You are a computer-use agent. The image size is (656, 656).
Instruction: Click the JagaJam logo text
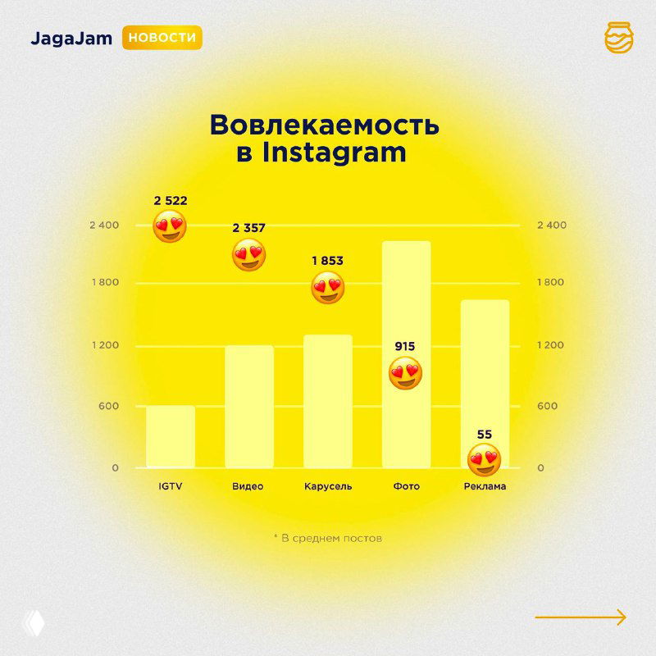[x=72, y=39]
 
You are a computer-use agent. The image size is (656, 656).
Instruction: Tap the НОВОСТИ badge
[x=162, y=39]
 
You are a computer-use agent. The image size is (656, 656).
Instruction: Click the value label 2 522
[x=171, y=200]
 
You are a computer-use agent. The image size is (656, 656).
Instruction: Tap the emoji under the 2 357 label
[x=249, y=256]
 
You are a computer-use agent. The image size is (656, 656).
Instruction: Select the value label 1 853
[x=327, y=261]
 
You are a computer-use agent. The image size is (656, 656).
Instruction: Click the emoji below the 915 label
[x=405, y=374]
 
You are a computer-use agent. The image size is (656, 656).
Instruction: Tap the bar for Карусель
[x=327, y=401]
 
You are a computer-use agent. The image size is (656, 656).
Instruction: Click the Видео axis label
[x=248, y=486]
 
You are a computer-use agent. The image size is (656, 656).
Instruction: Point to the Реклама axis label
[x=484, y=486]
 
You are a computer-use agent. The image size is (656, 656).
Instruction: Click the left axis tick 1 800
[x=104, y=282]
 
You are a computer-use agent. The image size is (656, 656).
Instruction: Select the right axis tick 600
[x=547, y=406]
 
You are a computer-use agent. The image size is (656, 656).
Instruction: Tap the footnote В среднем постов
[x=327, y=539]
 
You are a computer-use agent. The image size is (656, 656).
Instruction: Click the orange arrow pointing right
[x=581, y=617]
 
